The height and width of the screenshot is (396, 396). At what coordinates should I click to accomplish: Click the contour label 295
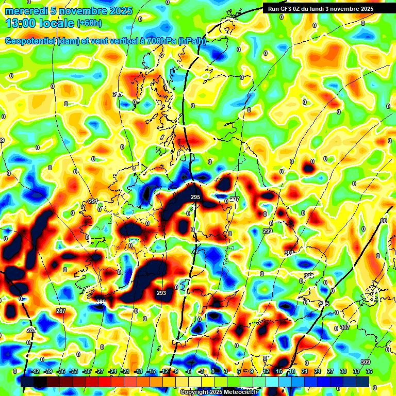195,197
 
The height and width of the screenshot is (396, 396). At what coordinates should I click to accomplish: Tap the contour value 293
161,293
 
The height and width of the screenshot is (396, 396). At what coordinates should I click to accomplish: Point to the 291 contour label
93,202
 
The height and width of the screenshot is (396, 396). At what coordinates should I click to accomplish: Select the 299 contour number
268,231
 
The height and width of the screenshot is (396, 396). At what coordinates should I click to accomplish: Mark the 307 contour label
345,328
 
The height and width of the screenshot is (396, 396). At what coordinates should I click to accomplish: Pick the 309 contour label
366,362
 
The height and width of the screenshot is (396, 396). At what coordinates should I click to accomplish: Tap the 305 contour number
324,304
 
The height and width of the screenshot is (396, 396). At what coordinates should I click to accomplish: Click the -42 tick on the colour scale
36,371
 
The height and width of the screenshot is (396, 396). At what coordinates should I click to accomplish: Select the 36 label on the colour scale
369,371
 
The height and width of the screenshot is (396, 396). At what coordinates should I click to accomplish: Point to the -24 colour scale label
112,371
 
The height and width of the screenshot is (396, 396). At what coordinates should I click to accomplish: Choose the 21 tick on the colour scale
305,371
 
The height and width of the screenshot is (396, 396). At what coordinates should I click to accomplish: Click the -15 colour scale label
151,371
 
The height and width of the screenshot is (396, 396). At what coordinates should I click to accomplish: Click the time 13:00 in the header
23,23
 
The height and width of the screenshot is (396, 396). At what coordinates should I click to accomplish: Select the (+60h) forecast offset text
89,23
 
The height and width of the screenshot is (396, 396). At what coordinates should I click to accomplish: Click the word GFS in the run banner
289,9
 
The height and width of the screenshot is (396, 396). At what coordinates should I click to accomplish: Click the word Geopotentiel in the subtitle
30,41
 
